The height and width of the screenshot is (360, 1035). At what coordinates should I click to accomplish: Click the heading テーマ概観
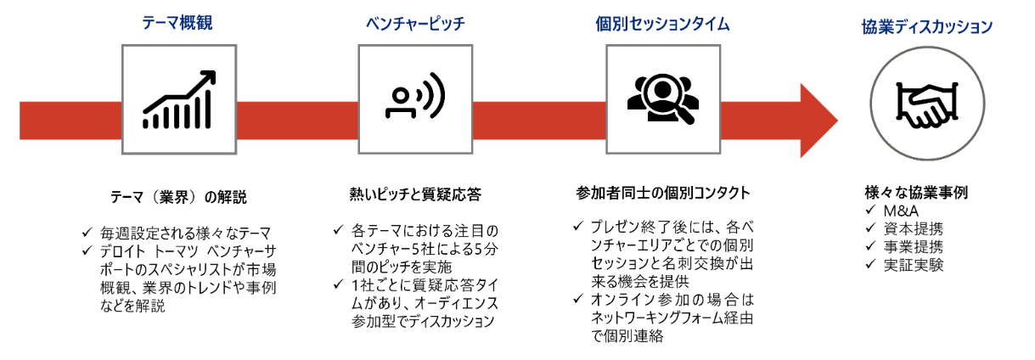coord(177,23)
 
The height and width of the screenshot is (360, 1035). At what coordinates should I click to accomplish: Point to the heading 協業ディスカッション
coord(927,26)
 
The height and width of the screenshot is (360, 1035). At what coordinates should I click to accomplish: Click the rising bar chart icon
coord(177,100)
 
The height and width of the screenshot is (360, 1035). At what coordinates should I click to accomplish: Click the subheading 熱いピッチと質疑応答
coord(415,194)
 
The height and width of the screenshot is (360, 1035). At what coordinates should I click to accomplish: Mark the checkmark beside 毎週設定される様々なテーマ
coord(87,232)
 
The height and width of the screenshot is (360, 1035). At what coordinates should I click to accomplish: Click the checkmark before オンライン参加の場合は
coord(577,300)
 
